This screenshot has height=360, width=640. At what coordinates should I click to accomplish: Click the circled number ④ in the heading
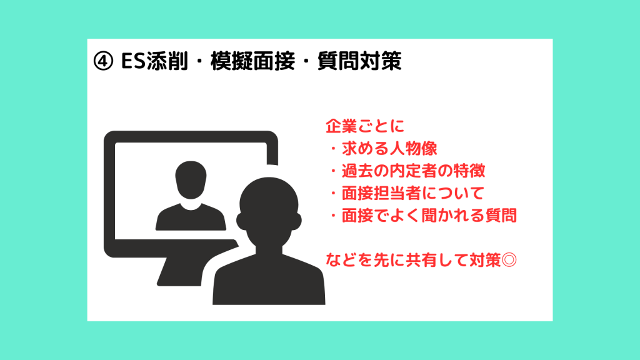click(x=103, y=61)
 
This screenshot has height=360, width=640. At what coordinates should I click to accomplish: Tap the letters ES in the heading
click(x=134, y=61)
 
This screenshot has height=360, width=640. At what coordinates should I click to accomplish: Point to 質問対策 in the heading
click(x=359, y=61)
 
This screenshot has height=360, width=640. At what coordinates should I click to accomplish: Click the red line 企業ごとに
click(x=365, y=126)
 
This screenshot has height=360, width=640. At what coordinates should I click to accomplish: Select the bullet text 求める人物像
click(x=389, y=149)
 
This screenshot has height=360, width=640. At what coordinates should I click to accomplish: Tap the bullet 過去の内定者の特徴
click(x=413, y=171)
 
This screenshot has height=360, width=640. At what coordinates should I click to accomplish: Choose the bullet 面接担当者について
click(x=412, y=193)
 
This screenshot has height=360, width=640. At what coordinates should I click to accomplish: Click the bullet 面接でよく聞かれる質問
click(x=429, y=215)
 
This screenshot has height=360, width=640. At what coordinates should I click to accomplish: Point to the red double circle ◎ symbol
click(x=509, y=259)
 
